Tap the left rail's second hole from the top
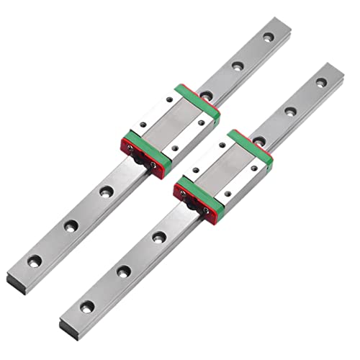point(237,66)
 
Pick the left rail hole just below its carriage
point(107,192)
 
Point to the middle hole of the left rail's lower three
point(71,225)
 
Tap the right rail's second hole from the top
point(290,111)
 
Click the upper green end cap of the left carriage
point(197,98)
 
